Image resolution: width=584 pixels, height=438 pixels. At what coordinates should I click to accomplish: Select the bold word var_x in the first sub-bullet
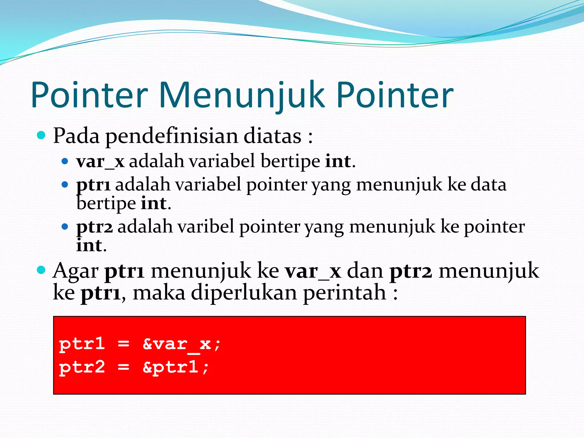point(100,162)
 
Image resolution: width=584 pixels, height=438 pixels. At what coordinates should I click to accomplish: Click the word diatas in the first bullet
point(272,136)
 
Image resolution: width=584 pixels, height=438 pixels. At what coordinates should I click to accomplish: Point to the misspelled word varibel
point(205,227)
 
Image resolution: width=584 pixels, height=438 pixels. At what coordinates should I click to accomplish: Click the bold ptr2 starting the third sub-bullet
point(94,227)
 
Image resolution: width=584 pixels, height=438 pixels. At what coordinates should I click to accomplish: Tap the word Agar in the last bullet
point(76,271)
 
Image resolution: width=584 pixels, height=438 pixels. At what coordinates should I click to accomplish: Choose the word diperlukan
point(244,293)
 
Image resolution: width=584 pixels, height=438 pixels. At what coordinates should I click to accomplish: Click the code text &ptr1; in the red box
point(176,367)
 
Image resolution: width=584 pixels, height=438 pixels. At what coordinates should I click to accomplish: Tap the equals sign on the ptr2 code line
point(123,367)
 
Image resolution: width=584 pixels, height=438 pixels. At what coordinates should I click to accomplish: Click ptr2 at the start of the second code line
point(82,367)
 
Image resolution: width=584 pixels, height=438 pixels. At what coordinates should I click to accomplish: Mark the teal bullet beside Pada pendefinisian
point(41,135)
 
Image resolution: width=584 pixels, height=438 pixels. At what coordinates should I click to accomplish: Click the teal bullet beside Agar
point(41,270)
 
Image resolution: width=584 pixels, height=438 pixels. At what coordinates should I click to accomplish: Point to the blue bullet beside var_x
point(65,161)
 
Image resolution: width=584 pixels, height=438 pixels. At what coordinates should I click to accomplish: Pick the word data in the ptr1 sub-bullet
point(488,185)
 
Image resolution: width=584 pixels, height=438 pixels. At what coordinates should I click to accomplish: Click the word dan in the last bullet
point(365,271)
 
